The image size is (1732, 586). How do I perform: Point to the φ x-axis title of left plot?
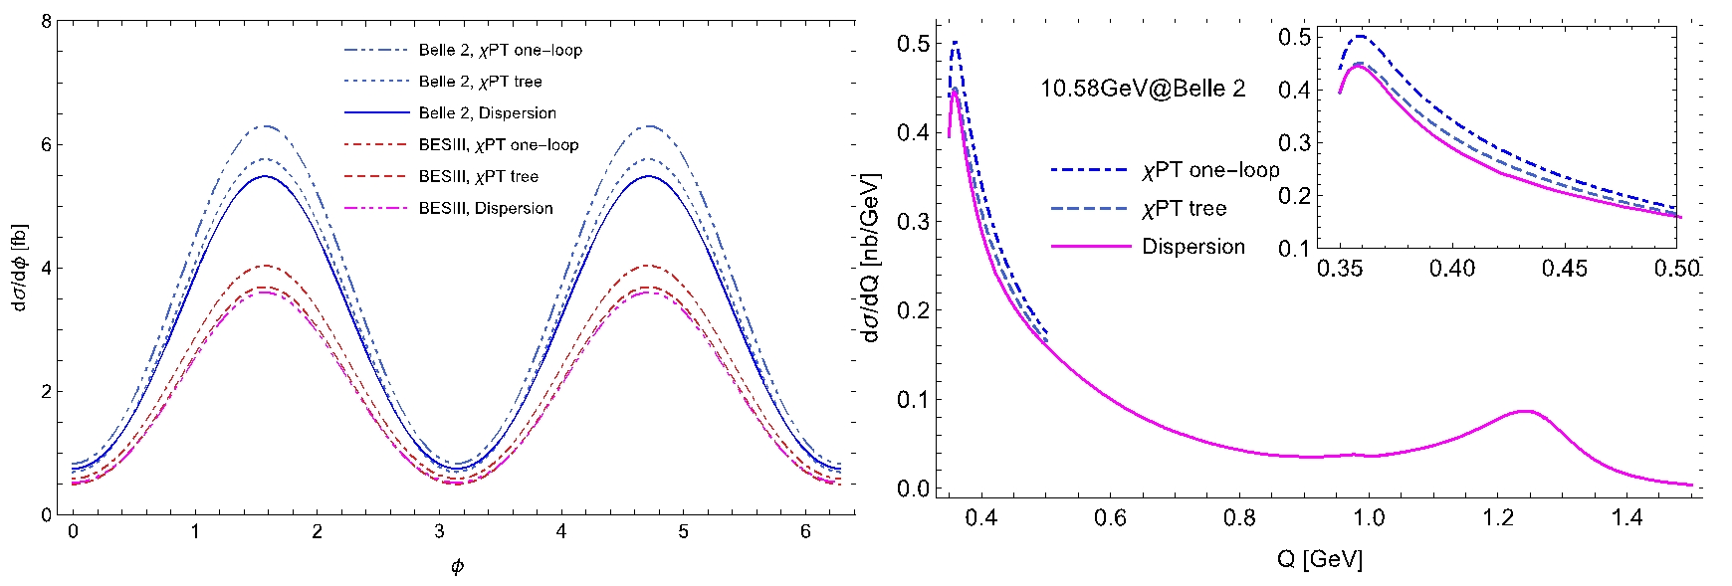tap(457, 567)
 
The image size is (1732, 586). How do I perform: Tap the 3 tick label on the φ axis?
tap(439, 532)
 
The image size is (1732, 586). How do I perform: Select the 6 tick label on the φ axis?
tap(805, 532)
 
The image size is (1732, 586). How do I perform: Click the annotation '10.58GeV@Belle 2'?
tap(1143, 89)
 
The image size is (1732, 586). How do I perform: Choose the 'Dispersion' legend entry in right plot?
tap(1192, 247)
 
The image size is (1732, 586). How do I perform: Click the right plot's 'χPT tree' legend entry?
tap(1184, 209)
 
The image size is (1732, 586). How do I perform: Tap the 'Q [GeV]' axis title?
tap(1319, 559)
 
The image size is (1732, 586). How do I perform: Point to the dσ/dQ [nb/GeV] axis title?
tap(870, 258)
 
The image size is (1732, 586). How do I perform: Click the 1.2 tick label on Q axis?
tap(1497, 517)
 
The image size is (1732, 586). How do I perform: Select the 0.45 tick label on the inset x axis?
tap(1564, 269)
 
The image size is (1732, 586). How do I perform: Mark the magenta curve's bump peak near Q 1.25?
tap(1523, 410)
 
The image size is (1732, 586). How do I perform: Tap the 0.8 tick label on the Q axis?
tap(1239, 517)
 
